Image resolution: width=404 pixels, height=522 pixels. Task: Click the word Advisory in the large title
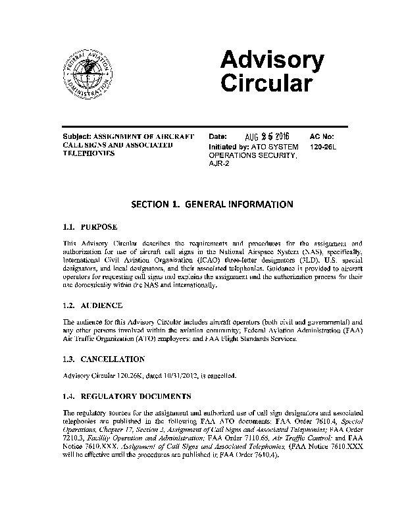pyautogui.click(x=271, y=61)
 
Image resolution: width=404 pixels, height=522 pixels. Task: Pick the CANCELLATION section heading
pyautogui.click(x=113, y=359)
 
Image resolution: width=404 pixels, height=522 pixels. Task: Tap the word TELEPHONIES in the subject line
pyautogui.click(x=88, y=153)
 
